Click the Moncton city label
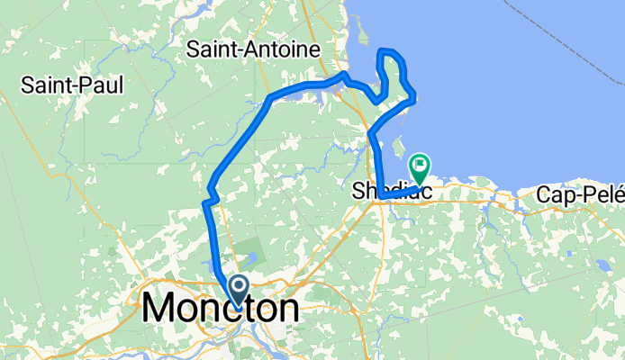click(221, 309)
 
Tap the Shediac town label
click(392, 192)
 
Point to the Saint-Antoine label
click(254, 51)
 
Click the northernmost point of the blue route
click(385, 50)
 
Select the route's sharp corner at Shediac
click(380, 194)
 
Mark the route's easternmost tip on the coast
click(413, 100)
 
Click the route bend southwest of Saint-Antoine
click(270, 97)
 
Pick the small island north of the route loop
click(364, 36)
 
